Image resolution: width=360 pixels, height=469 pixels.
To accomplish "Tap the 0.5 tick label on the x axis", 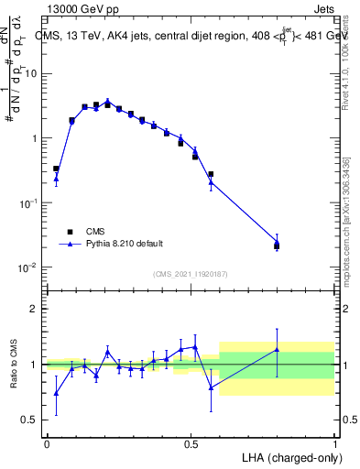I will [191, 442].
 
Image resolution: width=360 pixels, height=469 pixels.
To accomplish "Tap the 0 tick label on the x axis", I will [47, 442].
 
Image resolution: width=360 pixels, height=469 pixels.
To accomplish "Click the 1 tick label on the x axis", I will [334, 442].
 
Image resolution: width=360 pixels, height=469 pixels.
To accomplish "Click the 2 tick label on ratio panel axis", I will [35, 309].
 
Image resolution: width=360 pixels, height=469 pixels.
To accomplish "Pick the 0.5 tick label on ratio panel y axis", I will [31, 420].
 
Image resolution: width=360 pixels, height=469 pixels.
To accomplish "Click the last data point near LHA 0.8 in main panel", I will [277, 244].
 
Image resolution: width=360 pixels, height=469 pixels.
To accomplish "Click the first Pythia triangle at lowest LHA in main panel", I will [56, 179].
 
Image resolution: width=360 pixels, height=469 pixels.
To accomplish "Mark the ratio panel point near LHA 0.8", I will [277, 350].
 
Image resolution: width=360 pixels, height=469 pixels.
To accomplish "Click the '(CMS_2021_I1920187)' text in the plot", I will [190, 274].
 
